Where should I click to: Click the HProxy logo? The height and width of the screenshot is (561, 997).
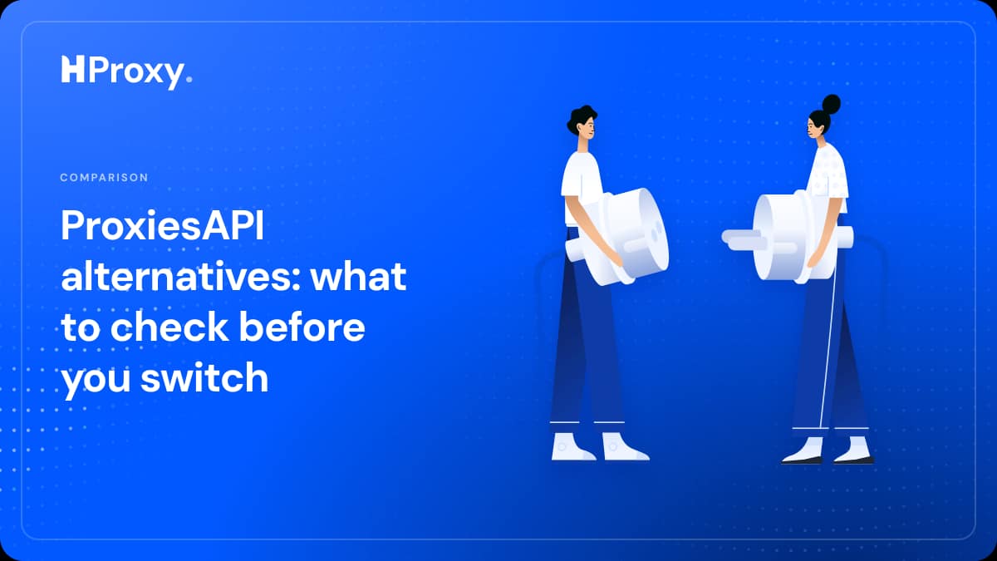point(126,72)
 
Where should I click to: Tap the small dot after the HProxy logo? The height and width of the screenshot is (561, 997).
point(189,79)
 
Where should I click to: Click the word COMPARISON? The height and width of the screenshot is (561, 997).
point(104,178)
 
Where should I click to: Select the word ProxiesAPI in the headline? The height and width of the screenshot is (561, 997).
point(163,225)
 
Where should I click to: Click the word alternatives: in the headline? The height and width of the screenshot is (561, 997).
point(181,276)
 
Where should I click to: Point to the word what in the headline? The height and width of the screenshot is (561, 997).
point(359,276)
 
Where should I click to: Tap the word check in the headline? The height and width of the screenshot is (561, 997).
point(169,327)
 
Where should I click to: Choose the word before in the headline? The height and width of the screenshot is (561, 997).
point(302,327)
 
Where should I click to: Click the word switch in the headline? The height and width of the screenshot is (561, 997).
point(204,377)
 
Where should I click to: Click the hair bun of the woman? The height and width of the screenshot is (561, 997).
point(831,104)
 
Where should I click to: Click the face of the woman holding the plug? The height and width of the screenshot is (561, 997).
point(813,127)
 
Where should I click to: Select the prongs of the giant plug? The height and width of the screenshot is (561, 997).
point(745,240)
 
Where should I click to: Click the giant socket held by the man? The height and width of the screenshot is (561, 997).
point(623,237)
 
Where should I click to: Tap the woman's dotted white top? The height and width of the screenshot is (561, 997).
point(828,175)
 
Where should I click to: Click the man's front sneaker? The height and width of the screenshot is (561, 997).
point(624,446)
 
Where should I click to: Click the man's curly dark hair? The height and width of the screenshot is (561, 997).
point(580,118)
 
